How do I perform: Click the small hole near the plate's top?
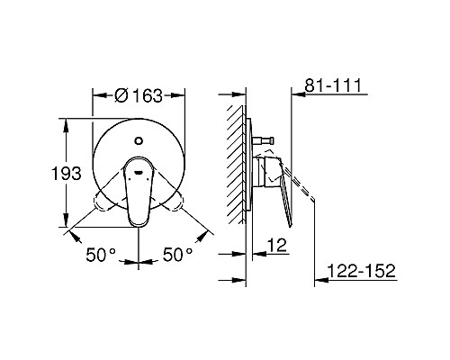139,140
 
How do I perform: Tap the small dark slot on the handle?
139,166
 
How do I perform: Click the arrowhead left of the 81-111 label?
297,93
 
